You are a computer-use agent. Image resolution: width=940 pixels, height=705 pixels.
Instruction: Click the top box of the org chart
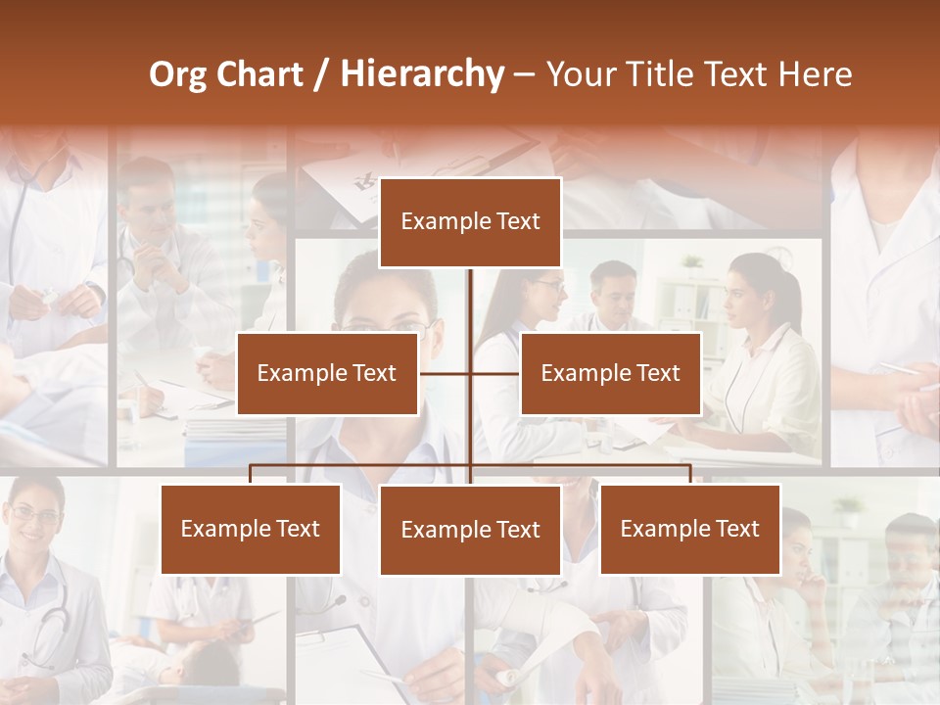(470, 222)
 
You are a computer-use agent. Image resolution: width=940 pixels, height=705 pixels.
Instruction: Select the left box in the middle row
(327, 373)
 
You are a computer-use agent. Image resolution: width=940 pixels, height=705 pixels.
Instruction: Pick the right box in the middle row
(611, 373)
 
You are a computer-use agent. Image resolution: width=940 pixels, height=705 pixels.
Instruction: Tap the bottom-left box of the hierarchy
(251, 529)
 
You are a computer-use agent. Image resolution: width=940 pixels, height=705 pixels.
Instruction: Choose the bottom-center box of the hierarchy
(470, 530)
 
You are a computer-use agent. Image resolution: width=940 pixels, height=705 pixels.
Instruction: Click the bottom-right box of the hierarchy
(690, 529)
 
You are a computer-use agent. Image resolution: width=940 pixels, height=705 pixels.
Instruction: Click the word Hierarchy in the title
(422, 74)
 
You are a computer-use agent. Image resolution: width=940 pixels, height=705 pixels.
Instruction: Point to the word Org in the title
(177, 74)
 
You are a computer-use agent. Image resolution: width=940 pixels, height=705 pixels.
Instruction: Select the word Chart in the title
(258, 74)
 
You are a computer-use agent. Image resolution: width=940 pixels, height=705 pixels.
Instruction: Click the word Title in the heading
(662, 74)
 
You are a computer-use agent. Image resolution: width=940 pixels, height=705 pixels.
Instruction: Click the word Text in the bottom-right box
(737, 529)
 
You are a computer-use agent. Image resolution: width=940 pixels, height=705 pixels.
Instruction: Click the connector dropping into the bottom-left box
(251, 474)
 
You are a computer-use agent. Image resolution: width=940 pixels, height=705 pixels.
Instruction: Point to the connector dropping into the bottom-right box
(690, 474)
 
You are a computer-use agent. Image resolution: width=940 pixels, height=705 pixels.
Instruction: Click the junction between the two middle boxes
(470, 373)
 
